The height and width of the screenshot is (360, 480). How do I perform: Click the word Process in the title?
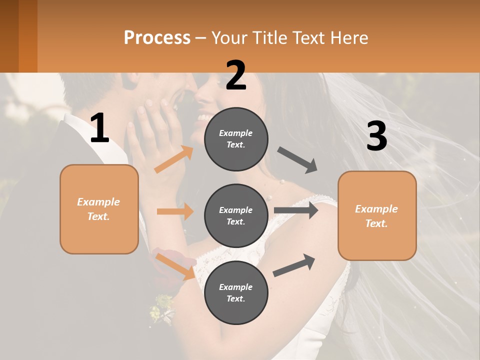[x=157, y=37]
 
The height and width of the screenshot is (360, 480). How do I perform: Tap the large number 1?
[x=99, y=128]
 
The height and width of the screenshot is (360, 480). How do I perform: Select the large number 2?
[x=236, y=75]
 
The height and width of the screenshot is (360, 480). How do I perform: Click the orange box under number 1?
[x=99, y=209]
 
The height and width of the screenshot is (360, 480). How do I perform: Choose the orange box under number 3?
[x=377, y=216]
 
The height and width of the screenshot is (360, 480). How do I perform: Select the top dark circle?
[x=236, y=139]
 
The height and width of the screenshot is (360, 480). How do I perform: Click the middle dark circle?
[x=236, y=215]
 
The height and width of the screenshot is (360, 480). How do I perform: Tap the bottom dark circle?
[x=236, y=292]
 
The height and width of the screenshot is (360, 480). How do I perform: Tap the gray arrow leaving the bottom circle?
[x=294, y=265]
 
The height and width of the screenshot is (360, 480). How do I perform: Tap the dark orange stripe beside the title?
[x=28, y=36]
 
